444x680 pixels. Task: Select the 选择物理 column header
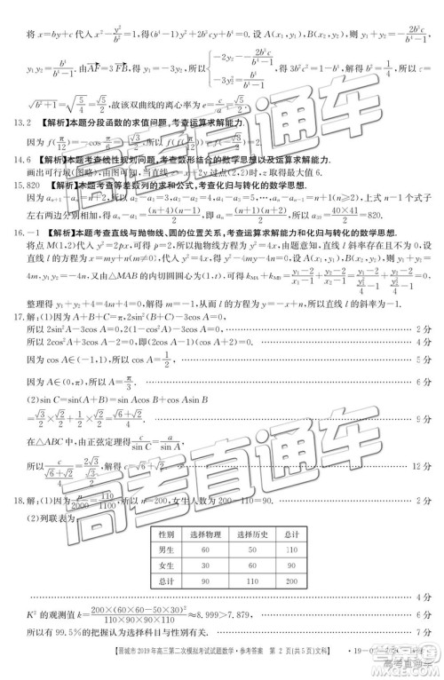point(204,534)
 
